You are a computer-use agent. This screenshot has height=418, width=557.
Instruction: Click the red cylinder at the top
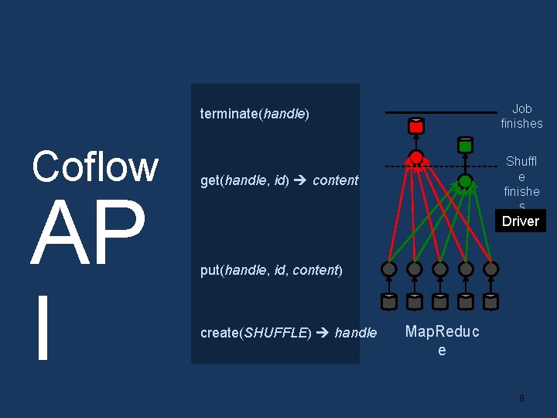(416, 125)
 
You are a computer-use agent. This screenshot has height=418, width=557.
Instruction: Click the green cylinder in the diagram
(465, 144)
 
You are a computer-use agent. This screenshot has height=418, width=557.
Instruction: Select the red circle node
(416, 159)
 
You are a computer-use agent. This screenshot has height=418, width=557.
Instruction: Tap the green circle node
(465, 182)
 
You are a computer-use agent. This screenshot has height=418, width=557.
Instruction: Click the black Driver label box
(520, 221)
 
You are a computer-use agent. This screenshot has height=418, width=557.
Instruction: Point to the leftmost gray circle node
(389, 269)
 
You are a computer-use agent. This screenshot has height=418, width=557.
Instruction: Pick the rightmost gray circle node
(490, 269)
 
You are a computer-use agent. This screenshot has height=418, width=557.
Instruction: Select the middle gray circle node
(439, 269)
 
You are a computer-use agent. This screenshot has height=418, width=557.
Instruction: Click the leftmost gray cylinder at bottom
(389, 301)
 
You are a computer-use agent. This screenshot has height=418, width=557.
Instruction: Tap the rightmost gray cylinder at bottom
(490, 301)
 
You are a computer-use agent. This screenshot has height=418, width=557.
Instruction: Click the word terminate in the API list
(229, 114)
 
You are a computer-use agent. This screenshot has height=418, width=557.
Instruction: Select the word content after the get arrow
(335, 180)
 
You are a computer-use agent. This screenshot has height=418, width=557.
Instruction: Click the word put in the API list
(210, 270)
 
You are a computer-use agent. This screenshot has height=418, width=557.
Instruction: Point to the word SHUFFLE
(276, 333)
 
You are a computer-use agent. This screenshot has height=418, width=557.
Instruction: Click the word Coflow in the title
(95, 166)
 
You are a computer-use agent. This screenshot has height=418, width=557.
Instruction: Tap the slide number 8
(521, 399)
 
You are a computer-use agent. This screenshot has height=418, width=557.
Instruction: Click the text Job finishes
(521, 116)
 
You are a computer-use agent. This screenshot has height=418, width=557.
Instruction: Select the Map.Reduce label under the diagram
(442, 341)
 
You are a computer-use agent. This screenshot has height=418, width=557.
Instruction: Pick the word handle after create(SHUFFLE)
(356, 333)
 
